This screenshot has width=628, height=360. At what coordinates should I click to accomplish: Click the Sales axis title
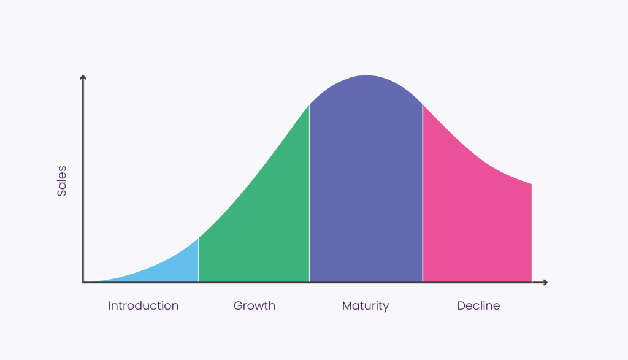tap(62, 181)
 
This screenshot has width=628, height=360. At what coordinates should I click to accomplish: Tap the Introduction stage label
tap(144, 305)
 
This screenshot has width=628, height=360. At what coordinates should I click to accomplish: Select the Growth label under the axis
tap(255, 305)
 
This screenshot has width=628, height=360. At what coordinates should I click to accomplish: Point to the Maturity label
tap(366, 306)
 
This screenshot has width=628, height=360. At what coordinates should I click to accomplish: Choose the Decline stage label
tap(478, 305)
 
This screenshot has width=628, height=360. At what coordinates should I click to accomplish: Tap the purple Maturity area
tap(366, 180)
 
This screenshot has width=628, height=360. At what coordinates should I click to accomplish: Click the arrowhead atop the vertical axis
tap(83, 77)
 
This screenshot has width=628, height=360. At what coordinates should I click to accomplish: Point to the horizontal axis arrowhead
tap(545, 282)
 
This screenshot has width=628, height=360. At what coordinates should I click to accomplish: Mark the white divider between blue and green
tap(199, 260)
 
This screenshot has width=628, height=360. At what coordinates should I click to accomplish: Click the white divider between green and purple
tap(310, 193)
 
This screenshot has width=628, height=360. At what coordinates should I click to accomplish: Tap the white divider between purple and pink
tap(423, 193)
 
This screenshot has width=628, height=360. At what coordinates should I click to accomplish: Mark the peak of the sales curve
tap(366, 75)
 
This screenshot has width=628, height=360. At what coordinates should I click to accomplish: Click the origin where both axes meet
tap(83, 282)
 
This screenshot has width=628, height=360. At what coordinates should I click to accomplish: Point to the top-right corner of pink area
tap(532, 184)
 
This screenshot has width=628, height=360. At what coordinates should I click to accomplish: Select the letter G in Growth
tap(238, 305)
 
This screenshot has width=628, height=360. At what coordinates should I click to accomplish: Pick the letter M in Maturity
tap(347, 305)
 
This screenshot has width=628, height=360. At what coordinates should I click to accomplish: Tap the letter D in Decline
tap(461, 305)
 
